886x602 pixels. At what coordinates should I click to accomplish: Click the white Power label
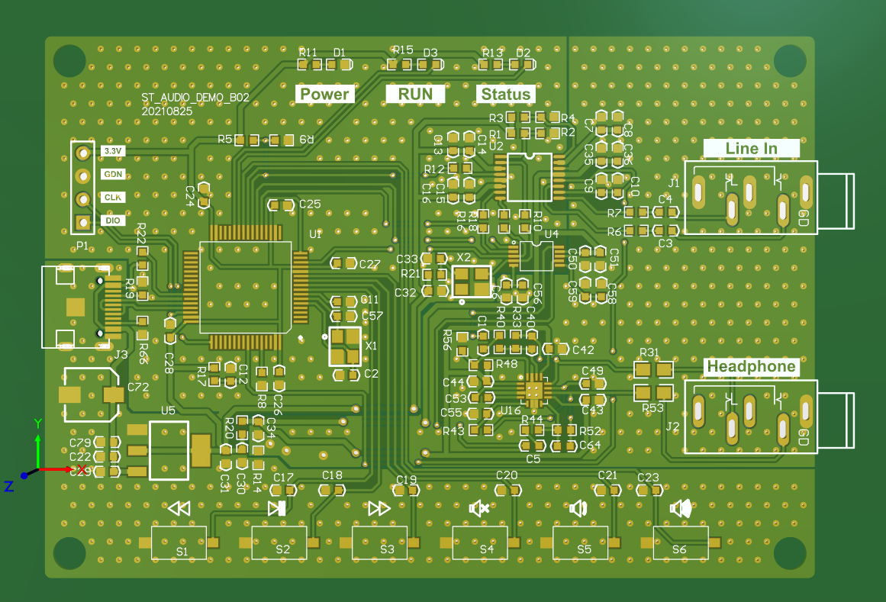pos(325,94)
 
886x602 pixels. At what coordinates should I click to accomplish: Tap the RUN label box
pos(414,94)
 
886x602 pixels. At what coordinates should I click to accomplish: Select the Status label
pos(505,95)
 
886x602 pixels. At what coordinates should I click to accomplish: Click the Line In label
pos(751,148)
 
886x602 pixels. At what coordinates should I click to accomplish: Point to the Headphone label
pos(751,366)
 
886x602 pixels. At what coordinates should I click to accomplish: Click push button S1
pos(179,542)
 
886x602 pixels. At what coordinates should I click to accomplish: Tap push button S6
pos(680,542)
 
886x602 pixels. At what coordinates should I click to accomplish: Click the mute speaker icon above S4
pos(479,508)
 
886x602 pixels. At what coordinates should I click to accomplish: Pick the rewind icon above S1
pos(179,508)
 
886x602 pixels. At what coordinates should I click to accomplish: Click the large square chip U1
pos(245,287)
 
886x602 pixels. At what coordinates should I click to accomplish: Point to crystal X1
pos(345,346)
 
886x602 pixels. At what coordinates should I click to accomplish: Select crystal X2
pos(472,282)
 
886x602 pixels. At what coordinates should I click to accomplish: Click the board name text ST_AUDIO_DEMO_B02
pos(195,98)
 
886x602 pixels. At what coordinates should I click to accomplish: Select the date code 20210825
pos(167,111)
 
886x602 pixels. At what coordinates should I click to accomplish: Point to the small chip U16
pos(534,390)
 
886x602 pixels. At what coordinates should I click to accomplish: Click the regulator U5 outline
pos(169,450)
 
